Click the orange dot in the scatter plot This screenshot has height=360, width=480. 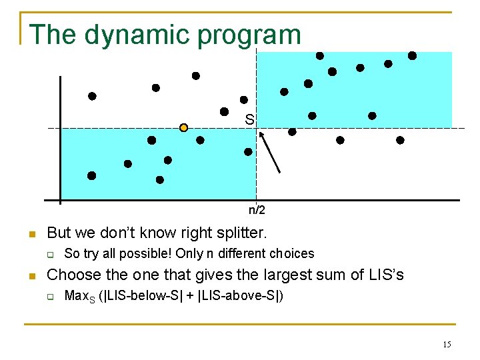pos(184,127)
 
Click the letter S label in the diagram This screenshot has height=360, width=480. pos(249,120)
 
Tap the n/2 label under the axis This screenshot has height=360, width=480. pos(257,211)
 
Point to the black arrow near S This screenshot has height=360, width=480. pos(269,152)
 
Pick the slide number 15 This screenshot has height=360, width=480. pos(447,344)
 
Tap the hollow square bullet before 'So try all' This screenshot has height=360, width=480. pos(49,254)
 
